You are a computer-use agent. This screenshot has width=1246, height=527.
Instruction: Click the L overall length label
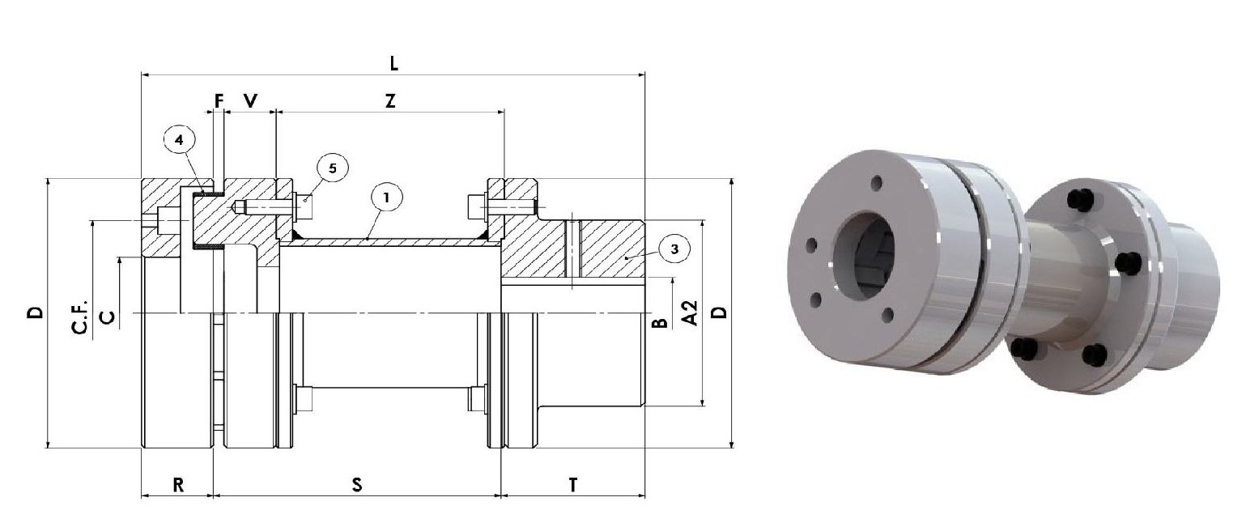[394, 63]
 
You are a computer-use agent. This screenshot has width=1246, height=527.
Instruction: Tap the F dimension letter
[218, 100]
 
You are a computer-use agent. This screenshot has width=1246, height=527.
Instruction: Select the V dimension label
[251, 100]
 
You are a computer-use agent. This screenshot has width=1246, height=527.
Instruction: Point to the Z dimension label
[390, 100]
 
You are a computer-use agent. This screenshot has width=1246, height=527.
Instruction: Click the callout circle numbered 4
[179, 140]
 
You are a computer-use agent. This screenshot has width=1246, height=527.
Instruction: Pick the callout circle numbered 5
[333, 168]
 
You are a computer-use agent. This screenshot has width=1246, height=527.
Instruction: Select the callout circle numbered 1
[386, 196]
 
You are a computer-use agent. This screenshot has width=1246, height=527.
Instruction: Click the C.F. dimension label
[80, 316]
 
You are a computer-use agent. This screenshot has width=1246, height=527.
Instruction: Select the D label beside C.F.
[35, 312]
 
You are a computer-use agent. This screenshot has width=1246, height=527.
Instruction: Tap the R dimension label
[178, 485]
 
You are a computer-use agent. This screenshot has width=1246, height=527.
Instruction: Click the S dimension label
[356, 485]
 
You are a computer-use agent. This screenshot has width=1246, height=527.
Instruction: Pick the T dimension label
[573, 485]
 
